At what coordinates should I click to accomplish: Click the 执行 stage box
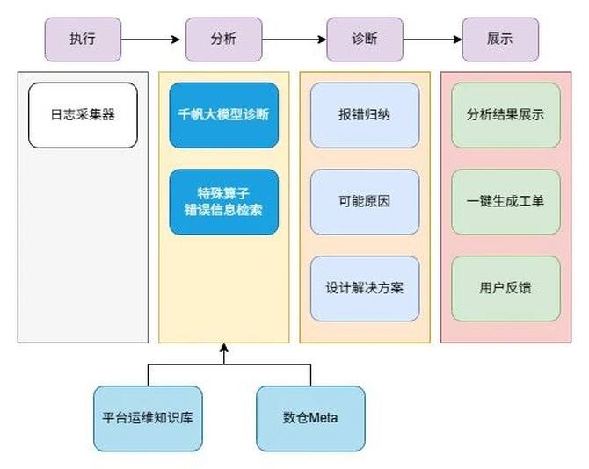coord(83,39)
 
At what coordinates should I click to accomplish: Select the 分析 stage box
coord(223,39)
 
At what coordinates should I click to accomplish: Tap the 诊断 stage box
coord(364,39)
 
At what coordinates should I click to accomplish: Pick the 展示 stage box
coord(499,39)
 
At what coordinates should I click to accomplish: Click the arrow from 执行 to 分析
coord(153,39)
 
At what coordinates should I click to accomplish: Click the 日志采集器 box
coord(84,115)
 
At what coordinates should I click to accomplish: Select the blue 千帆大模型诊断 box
coord(223,115)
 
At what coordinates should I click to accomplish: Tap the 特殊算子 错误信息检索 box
coord(223,201)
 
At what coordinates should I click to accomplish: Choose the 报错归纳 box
coord(364,115)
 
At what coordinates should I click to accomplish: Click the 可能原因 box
coord(364,201)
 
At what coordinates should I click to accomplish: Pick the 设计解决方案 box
coord(364,288)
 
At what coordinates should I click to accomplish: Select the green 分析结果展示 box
coord(505,115)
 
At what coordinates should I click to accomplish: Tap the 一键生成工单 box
coord(505,201)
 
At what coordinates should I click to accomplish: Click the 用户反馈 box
coord(505,288)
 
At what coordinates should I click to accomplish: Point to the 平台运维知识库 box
coord(148,418)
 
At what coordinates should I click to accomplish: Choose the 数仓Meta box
coord(310,418)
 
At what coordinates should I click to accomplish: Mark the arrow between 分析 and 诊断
coord(294,39)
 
